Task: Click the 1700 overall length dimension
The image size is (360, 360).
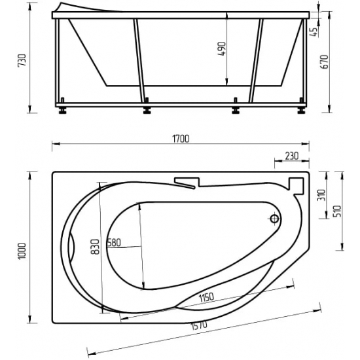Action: pyautogui.click(x=180, y=138)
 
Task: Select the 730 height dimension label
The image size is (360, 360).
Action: pyautogui.click(x=22, y=62)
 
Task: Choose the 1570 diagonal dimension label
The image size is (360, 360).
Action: pyautogui.click(x=198, y=325)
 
